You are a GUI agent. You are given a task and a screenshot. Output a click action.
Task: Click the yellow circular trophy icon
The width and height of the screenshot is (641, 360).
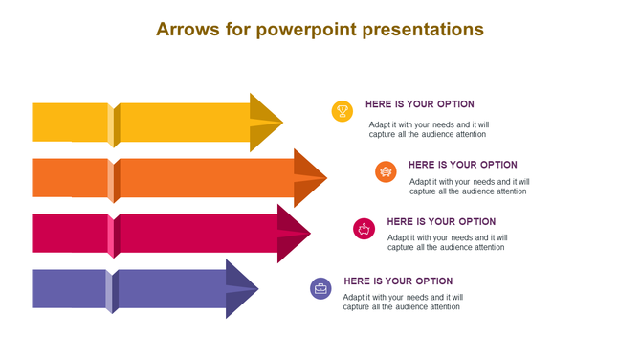pos(343,111)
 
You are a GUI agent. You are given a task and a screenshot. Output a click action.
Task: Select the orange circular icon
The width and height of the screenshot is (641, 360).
pos(386,171)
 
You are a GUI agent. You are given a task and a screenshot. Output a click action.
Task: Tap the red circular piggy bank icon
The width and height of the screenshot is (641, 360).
pos(364,228)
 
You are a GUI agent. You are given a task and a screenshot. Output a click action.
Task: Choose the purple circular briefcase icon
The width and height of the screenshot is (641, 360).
pos(320,288)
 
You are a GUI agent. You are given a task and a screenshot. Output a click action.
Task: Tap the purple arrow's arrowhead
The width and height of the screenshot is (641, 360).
pos(242,288)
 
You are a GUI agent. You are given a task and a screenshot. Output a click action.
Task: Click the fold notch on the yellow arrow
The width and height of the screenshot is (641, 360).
pos(114,124)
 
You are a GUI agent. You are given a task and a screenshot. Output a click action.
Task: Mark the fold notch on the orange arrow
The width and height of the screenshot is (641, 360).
pos(114,180)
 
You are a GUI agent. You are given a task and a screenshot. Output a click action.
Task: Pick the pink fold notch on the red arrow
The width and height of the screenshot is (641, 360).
pos(113,235)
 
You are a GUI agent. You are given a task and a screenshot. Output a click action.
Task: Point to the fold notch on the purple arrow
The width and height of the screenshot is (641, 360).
pos(113,291)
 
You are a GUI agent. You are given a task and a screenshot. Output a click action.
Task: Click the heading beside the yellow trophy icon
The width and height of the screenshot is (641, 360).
pos(419,104)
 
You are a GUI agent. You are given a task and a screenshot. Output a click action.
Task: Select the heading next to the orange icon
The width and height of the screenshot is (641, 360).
pos(462,165)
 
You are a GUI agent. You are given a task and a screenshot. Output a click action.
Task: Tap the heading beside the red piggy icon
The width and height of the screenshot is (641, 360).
pos(441,221)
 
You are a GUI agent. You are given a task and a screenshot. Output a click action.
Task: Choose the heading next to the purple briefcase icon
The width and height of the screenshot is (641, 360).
pos(398,281)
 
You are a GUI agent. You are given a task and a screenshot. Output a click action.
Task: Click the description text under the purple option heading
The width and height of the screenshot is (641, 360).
pos(402,303)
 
